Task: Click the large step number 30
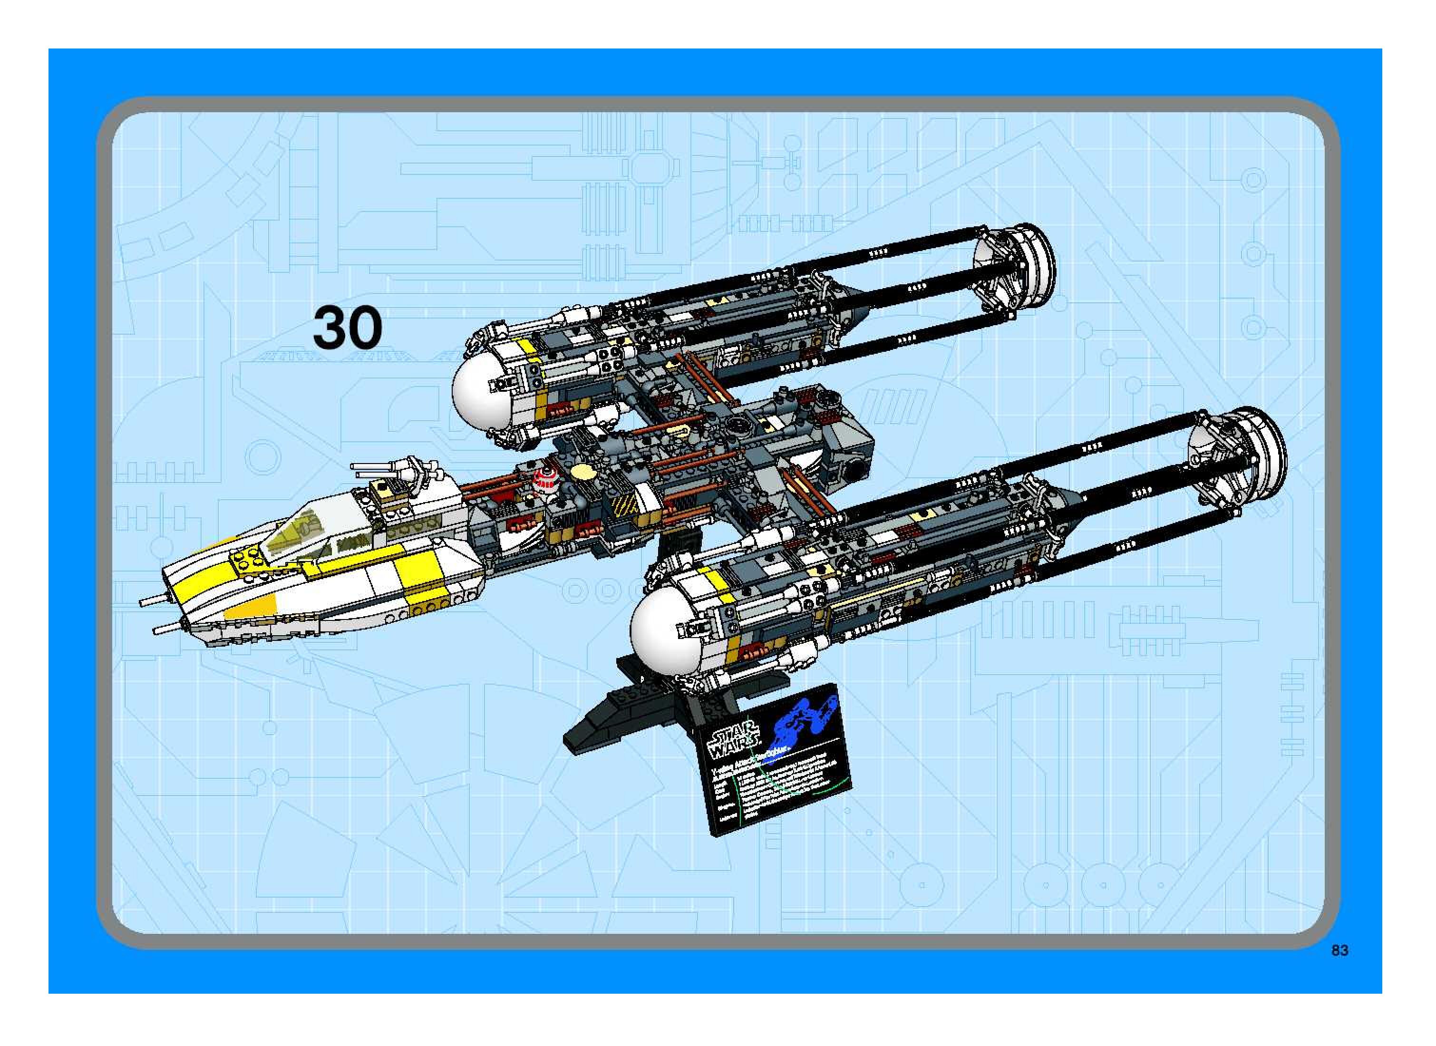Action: [347, 327]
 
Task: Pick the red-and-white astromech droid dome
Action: [544, 479]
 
